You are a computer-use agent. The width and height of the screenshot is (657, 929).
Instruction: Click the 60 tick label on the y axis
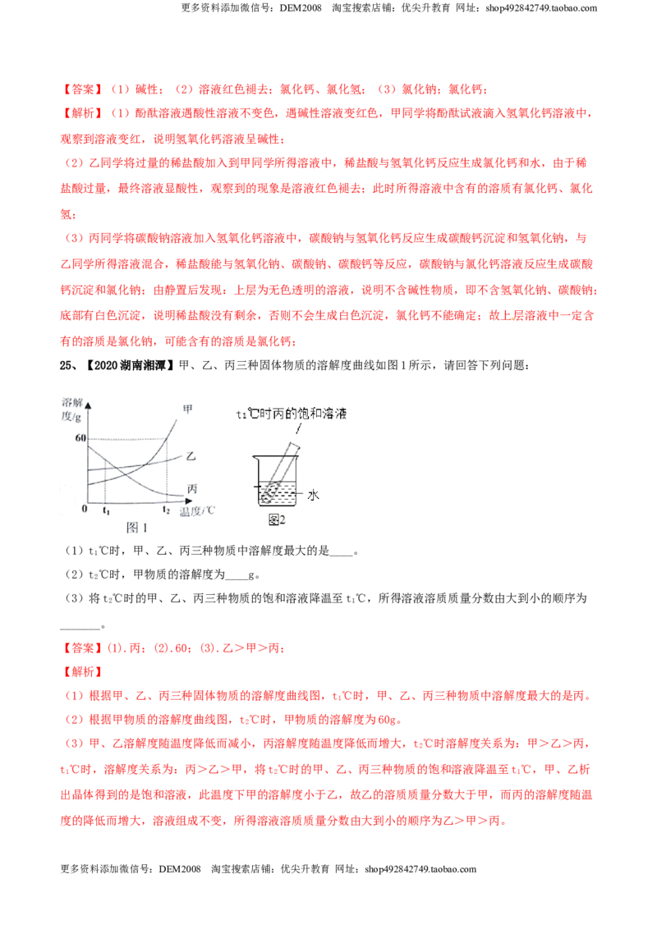coord(80,438)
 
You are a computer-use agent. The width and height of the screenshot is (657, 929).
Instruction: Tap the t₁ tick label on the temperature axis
coord(106,510)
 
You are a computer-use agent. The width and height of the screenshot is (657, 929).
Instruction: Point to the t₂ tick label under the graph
coord(166,510)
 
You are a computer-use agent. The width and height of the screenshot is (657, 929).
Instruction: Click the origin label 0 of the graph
coord(85,508)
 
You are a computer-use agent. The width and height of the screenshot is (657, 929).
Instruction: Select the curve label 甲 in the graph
coord(187,410)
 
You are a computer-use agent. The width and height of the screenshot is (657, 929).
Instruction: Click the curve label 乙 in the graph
coord(191,455)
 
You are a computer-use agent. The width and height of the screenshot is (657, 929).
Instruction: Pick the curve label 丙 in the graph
coord(191,489)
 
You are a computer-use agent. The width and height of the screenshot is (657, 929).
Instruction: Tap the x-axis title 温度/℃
coord(197,510)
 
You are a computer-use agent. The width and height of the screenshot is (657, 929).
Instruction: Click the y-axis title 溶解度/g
coord(71,410)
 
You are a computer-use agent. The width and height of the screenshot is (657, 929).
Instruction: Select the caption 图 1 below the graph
coord(137,528)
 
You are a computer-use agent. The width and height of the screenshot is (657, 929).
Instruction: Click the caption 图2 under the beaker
coord(277,519)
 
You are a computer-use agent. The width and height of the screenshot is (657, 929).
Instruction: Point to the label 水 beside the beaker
coord(313,495)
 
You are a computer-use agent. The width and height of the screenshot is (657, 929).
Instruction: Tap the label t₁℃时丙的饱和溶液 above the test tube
coord(292,414)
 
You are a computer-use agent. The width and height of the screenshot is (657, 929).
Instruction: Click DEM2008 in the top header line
coord(301,8)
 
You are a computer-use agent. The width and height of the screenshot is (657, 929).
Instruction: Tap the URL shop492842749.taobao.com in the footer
coord(420,869)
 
